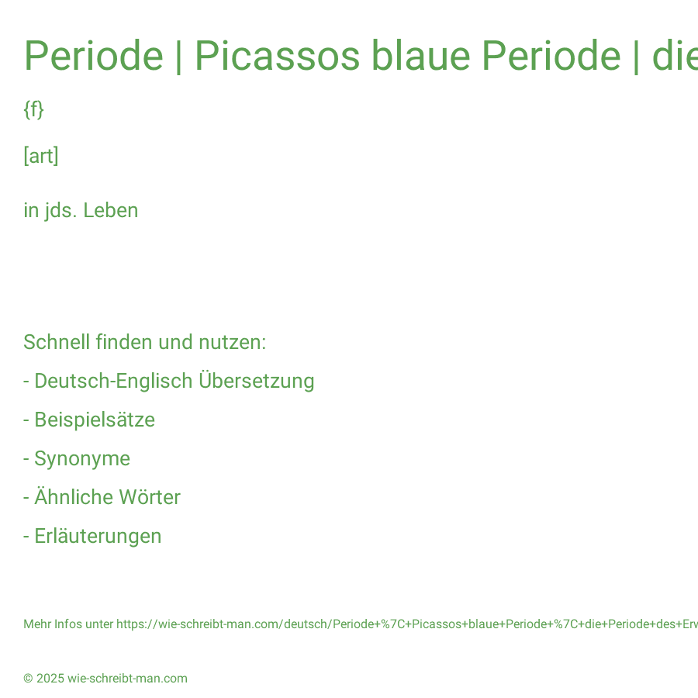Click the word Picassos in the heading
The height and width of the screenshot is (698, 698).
278,56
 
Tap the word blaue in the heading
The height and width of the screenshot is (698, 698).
420,56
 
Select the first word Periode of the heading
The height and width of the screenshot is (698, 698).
94,56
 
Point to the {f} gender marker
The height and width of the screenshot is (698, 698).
34,109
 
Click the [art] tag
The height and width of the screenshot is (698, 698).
41,156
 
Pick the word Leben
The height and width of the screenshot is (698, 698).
111,210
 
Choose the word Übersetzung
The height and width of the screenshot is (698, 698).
257,381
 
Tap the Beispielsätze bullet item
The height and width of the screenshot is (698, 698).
89,420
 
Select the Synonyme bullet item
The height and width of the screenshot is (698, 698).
77,459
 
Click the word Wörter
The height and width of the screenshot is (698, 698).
150,497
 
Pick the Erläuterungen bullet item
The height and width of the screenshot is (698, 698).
92,536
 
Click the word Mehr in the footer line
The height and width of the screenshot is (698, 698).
37,624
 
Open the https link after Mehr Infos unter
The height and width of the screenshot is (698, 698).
407,624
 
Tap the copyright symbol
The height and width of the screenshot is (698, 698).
28,679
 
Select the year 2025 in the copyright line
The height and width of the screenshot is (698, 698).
50,679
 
